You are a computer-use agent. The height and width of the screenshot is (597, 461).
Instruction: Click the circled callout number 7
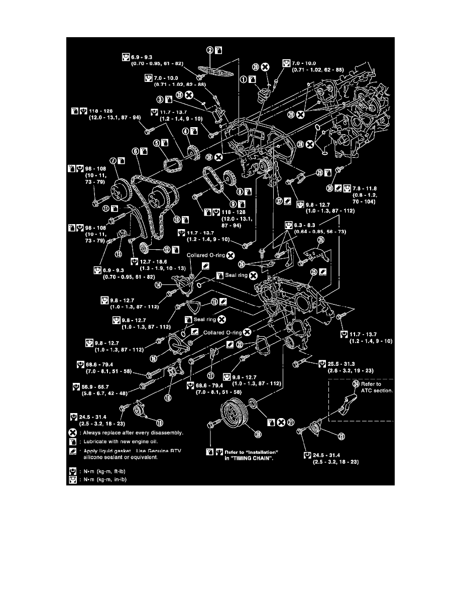pos(113,160)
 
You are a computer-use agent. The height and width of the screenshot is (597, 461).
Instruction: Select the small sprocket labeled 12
pos(144,247)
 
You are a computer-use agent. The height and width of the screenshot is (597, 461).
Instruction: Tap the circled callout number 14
pos(158,284)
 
